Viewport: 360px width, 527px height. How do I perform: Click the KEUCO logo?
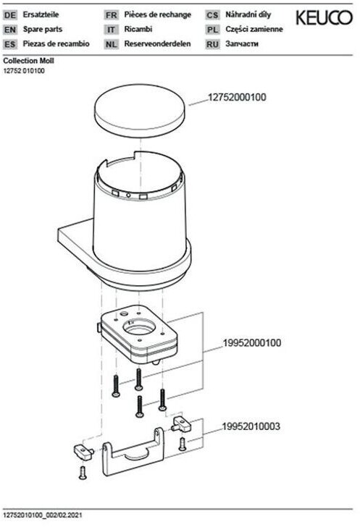(x=324, y=18)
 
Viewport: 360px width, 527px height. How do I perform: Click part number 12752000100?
(x=237, y=98)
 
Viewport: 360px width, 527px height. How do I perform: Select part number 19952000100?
(x=252, y=343)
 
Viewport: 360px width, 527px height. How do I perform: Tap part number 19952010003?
(x=251, y=426)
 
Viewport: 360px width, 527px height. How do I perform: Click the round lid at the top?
(x=140, y=111)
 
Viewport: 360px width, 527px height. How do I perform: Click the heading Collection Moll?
(x=28, y=61)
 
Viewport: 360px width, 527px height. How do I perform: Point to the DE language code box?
(x=10, y=15)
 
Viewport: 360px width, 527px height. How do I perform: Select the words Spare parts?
(x=43, y=29)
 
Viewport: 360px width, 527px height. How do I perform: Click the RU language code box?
(x=213, y=44)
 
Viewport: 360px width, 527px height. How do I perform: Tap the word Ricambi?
(x=138, y=29)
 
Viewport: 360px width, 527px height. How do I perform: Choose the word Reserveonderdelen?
(x=157, y=43)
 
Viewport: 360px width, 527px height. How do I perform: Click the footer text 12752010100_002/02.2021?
(x=43, y=515)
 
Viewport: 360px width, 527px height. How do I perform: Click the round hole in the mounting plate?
(x=139, y=326)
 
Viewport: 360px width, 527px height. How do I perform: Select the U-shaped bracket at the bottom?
(x=133, y=452)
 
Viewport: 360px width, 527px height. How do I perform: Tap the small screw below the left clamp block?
(x=83, y=472)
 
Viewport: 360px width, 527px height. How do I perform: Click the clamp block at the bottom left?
(x=83, y=452)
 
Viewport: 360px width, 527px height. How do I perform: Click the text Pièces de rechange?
(x=157, y=14)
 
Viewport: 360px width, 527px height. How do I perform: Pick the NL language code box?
(x=112, y=44)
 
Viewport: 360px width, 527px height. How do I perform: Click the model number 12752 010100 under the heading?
(x=24, y=71)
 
